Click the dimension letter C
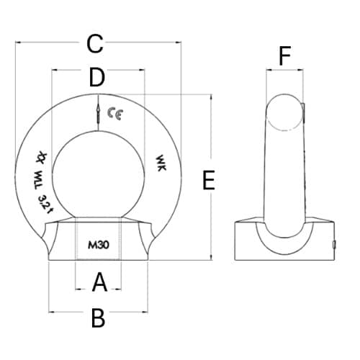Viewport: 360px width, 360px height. coord(95,44)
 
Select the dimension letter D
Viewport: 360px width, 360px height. coord(97,77)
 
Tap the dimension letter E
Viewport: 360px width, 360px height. coord(209,180)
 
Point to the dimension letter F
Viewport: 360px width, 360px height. coord(285,56)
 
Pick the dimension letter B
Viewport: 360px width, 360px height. coord(98,318)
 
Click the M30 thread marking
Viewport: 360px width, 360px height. coord(99,245)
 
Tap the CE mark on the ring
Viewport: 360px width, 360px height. coord(115,114)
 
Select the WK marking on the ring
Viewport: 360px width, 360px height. coord(161,163)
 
